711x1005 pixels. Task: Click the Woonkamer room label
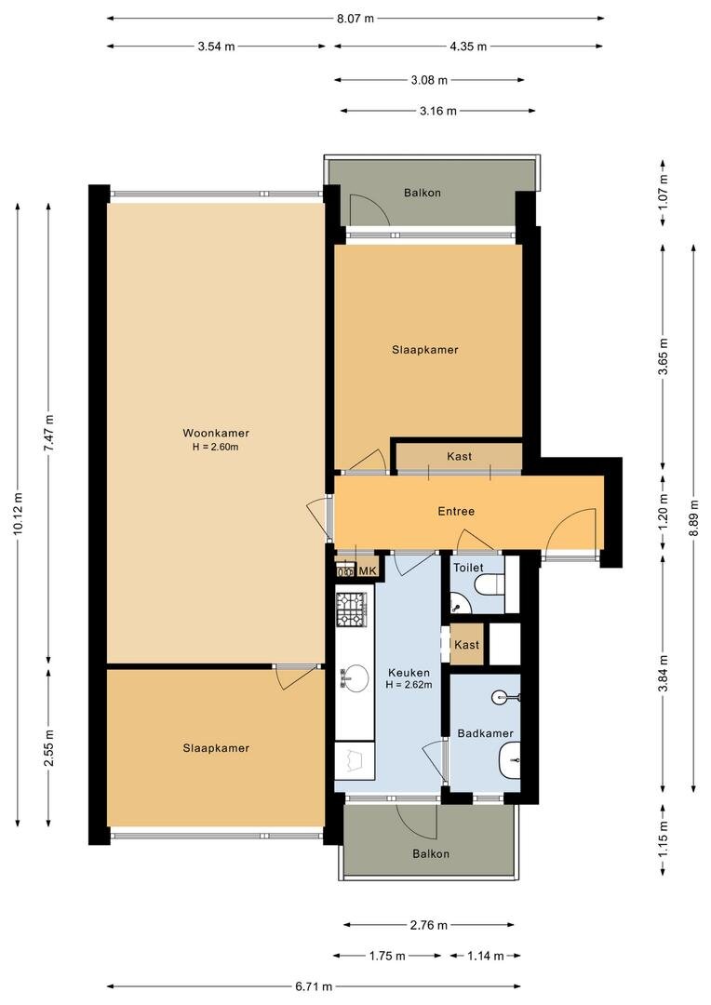(x=215, y=434)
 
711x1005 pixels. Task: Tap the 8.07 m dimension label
(x=355, y=19)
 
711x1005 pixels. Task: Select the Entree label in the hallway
(x=456, y=512)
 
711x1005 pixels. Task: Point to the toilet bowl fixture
(x=490, y=584)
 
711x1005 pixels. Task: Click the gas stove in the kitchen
(x=352, y=609)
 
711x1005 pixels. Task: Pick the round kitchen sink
(x=354, y=678)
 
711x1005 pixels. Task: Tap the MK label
(x=368, y=571)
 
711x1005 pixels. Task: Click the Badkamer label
(x=486, y=733)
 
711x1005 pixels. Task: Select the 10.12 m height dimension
(x=18, y=513)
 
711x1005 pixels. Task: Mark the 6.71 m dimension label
(x=314, y=986)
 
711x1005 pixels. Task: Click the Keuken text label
(x=409, y=673)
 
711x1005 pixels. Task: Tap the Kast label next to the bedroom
(x=459, y=456)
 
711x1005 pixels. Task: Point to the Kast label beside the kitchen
(x=467, y=645)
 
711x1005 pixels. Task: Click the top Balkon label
(x=422, y=193)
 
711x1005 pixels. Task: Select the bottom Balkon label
(x=431, y=853)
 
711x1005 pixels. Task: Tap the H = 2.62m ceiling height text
(x=409, y=685)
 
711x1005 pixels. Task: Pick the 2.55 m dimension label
(x=49, y=748)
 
